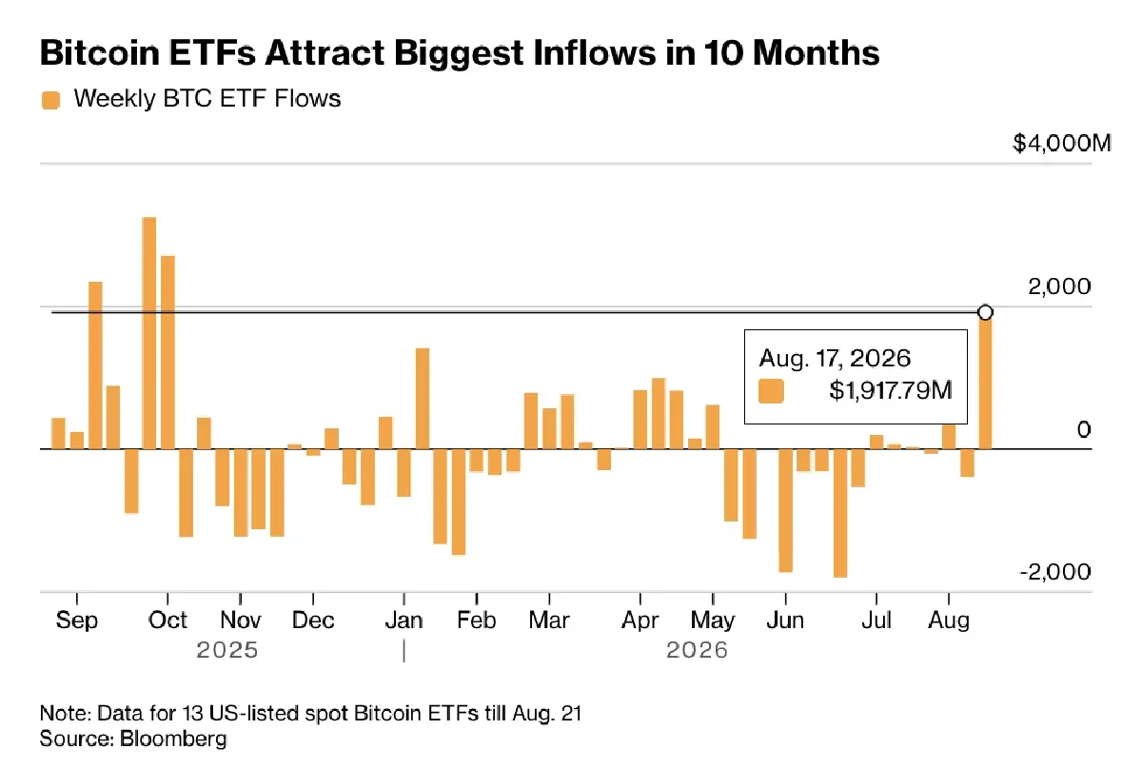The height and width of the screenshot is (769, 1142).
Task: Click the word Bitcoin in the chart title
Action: point(100,52)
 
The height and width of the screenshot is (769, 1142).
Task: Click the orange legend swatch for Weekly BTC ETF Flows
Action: point(50,100)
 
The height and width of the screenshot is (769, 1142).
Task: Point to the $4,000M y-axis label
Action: point(1062,144)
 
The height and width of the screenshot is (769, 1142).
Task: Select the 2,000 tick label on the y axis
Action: point(1059,286)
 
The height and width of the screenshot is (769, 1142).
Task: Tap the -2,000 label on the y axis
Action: point(1055,572)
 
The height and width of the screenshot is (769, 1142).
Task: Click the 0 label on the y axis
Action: point(1084,430)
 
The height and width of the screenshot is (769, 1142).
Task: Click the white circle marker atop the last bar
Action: point(986,312)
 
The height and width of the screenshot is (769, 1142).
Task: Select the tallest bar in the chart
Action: point(148,333)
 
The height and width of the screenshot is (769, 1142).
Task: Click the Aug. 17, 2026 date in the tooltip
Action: point(835,359)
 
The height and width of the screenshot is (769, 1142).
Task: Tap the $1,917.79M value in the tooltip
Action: point(891,390)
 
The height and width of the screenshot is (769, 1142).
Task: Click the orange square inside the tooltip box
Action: point(771,391)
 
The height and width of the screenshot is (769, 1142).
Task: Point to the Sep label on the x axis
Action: point(76,621)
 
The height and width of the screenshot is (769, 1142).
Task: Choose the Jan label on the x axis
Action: point(404,621)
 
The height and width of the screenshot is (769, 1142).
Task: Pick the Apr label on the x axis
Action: point(640,621)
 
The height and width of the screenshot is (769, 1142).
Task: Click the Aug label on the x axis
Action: point(949,621)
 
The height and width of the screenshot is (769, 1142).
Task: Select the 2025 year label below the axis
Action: point(227,650)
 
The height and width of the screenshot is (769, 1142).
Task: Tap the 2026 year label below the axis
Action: point(697,650)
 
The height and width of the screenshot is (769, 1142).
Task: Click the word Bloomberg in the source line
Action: point(173,739)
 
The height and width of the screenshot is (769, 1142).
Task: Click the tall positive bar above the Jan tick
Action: point(423,399)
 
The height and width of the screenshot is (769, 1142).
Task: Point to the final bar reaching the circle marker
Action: point(986,383)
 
